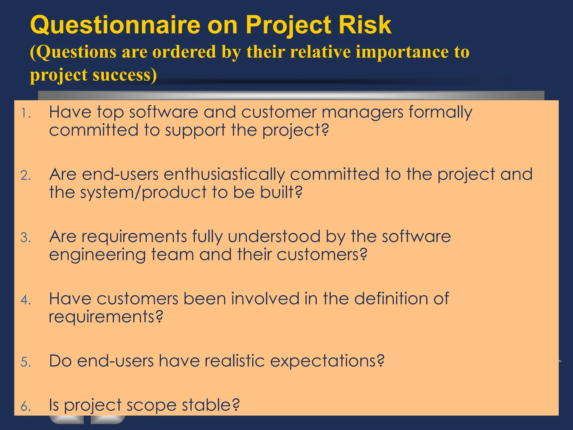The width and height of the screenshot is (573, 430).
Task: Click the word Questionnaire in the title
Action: pos(115,25)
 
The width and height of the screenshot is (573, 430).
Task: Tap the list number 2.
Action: pos(26,176)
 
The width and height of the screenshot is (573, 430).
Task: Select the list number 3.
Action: pos(26,238)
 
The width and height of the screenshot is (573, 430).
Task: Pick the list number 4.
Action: pos(26,300)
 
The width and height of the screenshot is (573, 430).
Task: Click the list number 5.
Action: pos(26,362)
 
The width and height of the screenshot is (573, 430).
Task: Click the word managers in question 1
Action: pos(362,113)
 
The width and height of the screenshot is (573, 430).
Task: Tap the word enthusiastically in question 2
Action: pos(224,175)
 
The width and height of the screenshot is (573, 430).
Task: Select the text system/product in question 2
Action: pos(143,193)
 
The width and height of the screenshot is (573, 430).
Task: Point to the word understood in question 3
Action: pos(274,237)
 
